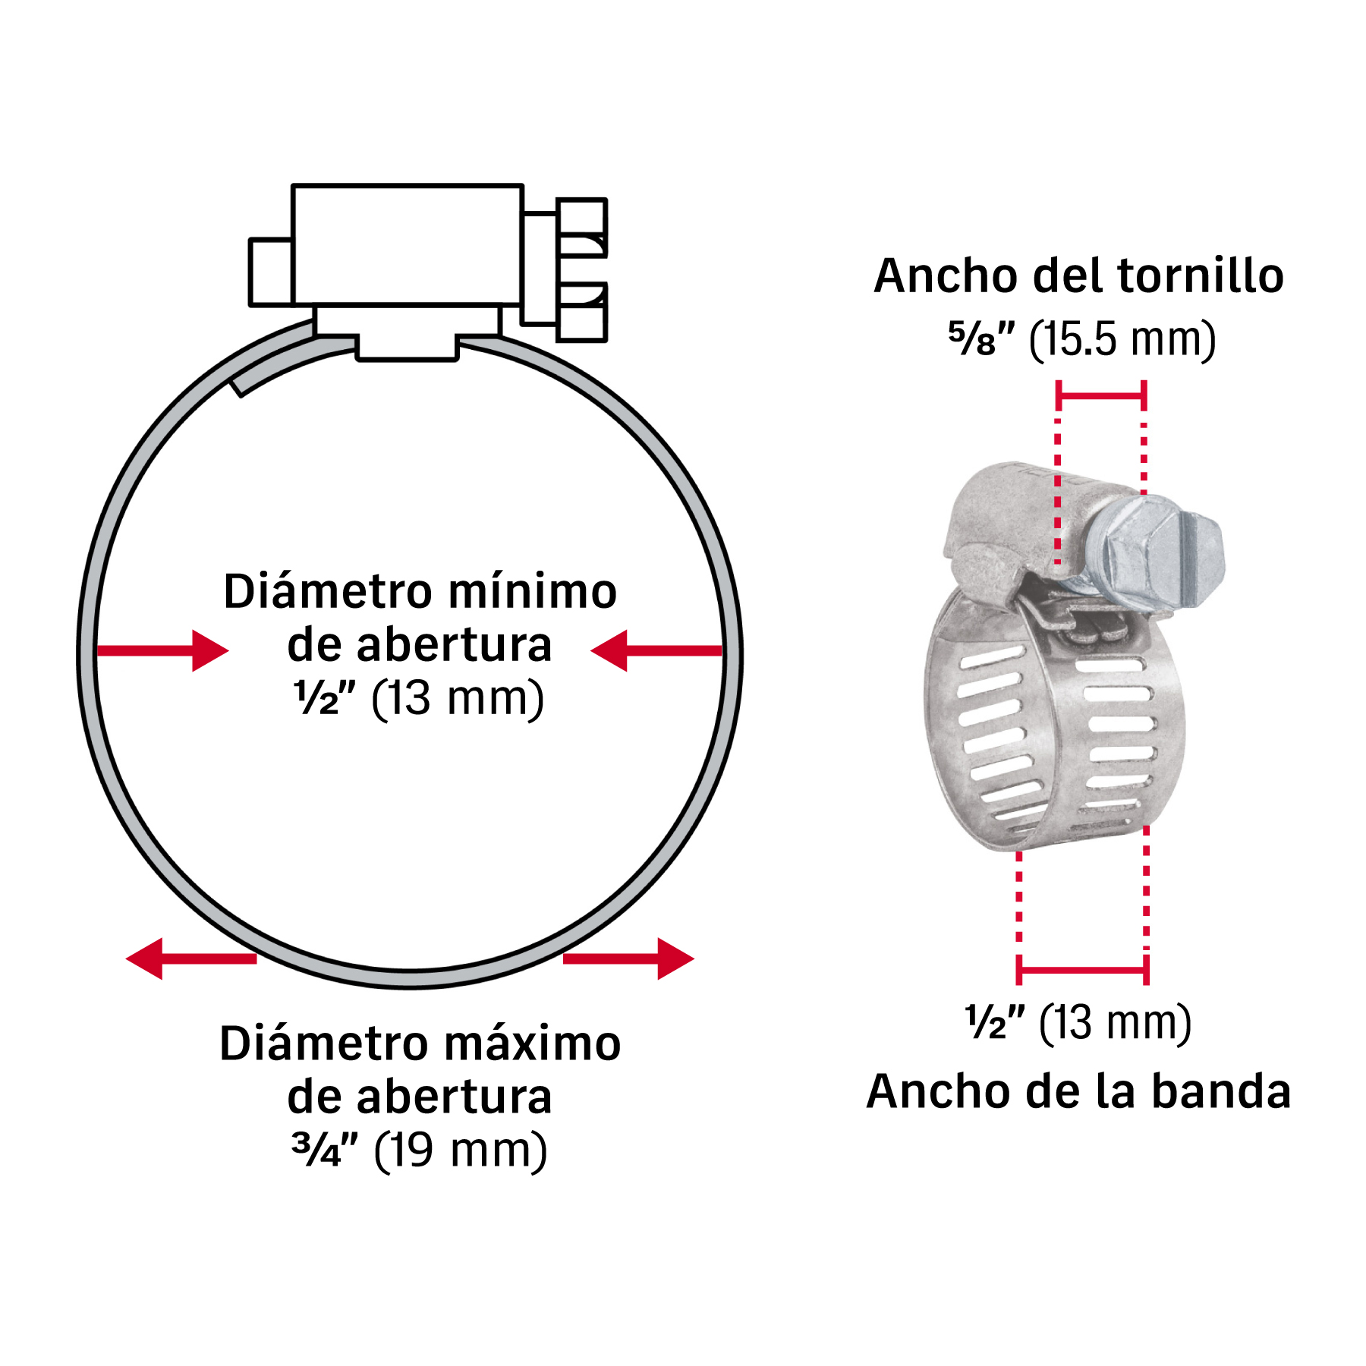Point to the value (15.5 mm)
[x=1122, y=339]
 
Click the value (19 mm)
[x=461, y=1150]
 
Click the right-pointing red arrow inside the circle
[x=162, y=650]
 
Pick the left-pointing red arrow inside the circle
[x=656, y=650]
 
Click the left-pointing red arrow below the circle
[x=191, y=958]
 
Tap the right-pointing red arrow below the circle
[x=628, y=958]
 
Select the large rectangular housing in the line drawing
[x=408, y=244]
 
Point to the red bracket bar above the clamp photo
[x=1100, y=395]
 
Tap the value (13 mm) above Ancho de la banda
[x=1115, y=1023]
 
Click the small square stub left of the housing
[x=271, y=272]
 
